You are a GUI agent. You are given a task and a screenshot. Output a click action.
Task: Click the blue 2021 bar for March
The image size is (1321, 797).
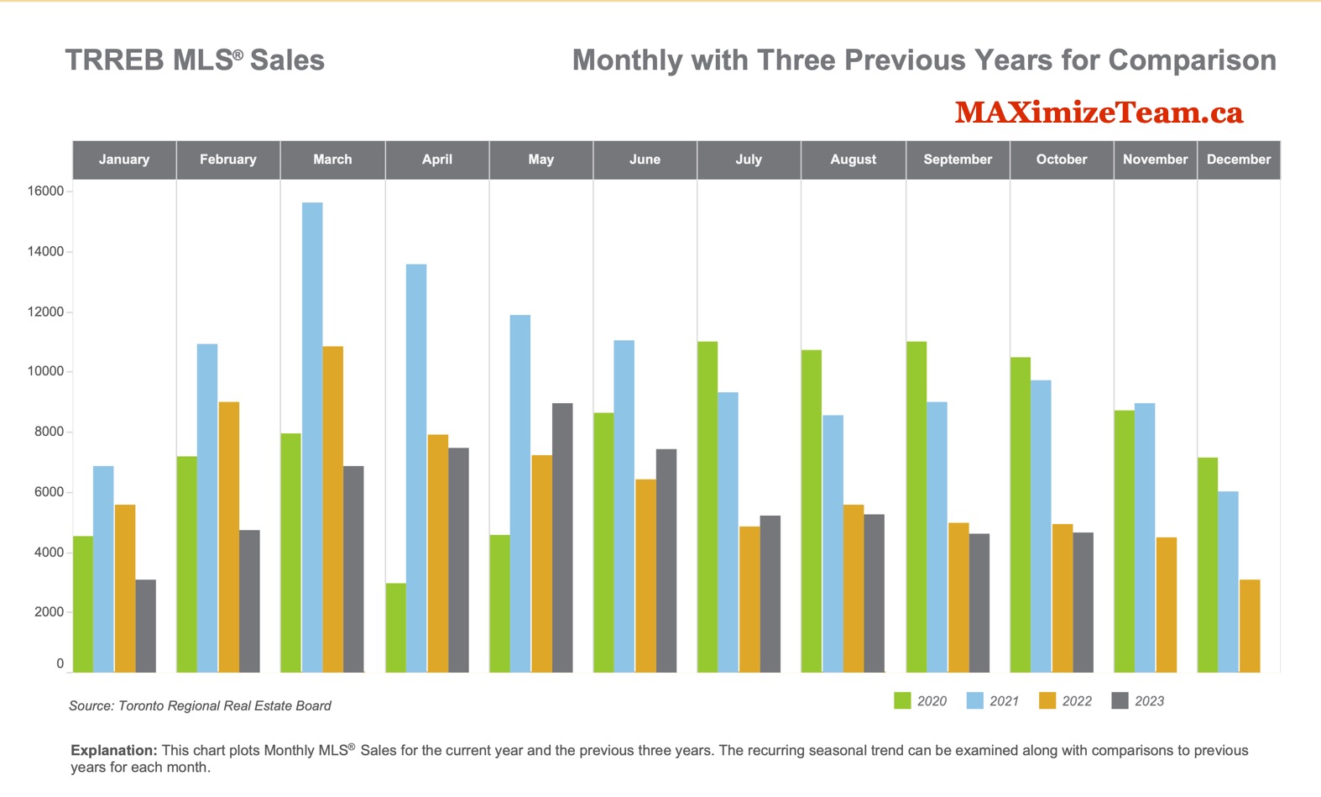click(312, 437)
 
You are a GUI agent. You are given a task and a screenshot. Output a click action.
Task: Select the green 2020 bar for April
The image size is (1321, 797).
click(395, 627)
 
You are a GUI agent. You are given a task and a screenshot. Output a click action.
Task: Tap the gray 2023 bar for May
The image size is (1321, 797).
click(562, 537)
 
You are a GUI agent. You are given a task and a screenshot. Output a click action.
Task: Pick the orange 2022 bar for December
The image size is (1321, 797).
click(1250, 626)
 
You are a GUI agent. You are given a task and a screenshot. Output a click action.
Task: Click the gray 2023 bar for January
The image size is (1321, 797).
click(145, 626)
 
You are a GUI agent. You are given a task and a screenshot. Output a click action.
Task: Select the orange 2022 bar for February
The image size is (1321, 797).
click(229, 537)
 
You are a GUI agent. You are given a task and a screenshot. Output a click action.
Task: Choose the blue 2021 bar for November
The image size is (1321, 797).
click(1145, 537)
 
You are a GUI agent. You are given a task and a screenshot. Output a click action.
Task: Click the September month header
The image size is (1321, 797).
click(958, 160)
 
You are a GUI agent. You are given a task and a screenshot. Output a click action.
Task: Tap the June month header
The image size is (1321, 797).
click(645, 160)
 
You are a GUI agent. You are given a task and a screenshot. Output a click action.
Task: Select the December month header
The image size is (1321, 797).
click(1239, 160)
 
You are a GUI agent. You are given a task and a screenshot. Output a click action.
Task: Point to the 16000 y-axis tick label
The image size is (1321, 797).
click(45, 191)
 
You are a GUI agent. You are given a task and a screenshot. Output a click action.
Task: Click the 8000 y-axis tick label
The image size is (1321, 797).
click(49, 432)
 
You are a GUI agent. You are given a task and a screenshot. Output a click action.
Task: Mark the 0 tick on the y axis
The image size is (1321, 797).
click(60, 663)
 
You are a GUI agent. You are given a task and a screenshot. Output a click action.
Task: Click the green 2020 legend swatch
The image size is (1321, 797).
click(902, 701)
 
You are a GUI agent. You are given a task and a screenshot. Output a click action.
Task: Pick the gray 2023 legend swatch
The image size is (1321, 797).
click(1120, 701)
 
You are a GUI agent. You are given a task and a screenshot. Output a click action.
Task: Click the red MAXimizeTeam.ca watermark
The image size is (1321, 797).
click(1099, 113)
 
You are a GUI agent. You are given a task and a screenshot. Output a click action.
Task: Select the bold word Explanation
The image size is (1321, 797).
click(113, 750)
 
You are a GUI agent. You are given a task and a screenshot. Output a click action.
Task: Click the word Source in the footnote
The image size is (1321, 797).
click(91, 706)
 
